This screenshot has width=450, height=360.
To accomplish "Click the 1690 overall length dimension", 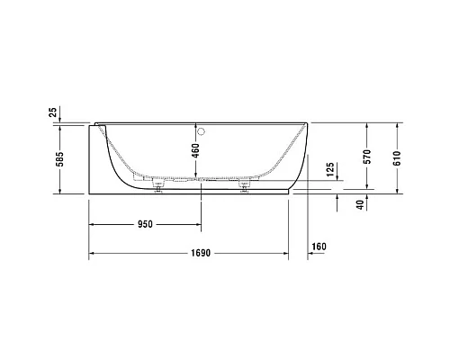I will pos(199,253).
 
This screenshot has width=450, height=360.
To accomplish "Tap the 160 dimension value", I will pos(317,246).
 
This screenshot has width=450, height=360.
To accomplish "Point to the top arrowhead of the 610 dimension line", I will pos(396,124).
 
